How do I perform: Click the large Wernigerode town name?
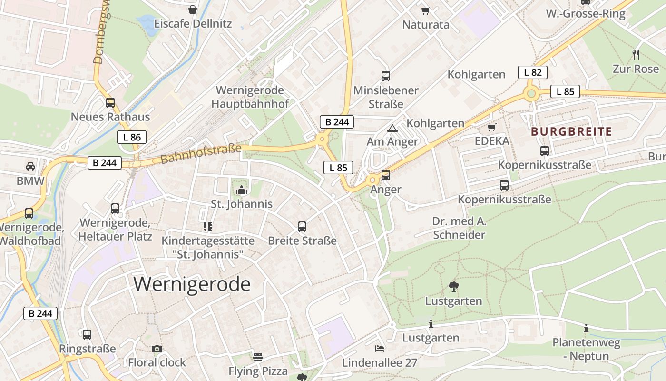tap(192, 284)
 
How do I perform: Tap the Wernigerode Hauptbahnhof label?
tap(250, 97)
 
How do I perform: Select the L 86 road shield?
tap(132, 138)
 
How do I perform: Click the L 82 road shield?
tap(532, 72)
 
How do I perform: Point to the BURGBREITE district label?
tap(571, 132)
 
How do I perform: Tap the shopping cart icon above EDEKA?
tap(492, 127)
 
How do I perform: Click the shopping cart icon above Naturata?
tap(426, 10)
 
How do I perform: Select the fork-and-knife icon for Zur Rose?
tap(636, 54)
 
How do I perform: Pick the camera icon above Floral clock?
tap(157, 349)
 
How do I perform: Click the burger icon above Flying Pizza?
tap(258, 357)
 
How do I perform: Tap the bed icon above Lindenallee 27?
tap(380, 349)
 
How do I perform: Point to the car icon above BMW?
tap(30, 167)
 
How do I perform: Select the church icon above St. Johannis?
tap(242, 190)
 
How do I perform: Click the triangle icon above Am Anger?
tap(392, 128)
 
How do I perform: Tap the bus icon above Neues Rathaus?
tap(110, 102)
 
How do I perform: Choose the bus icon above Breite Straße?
tap(302, 226)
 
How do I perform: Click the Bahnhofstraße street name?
tap(201, 154)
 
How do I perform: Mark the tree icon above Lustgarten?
tap(453, 286)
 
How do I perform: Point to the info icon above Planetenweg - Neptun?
tap(586, 328)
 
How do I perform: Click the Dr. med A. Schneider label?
tap(459, 228)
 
